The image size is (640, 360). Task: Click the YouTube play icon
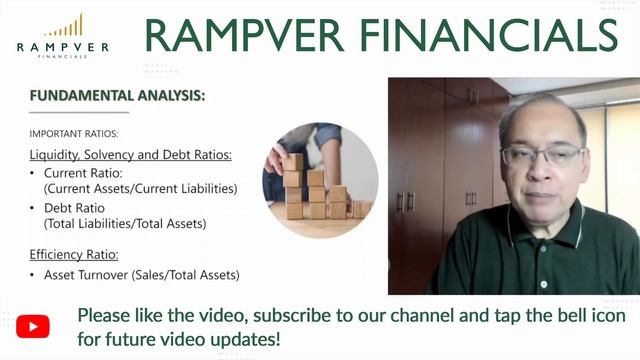32,326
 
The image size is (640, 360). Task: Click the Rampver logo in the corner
64,35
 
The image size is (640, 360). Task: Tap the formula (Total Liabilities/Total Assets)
125,223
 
